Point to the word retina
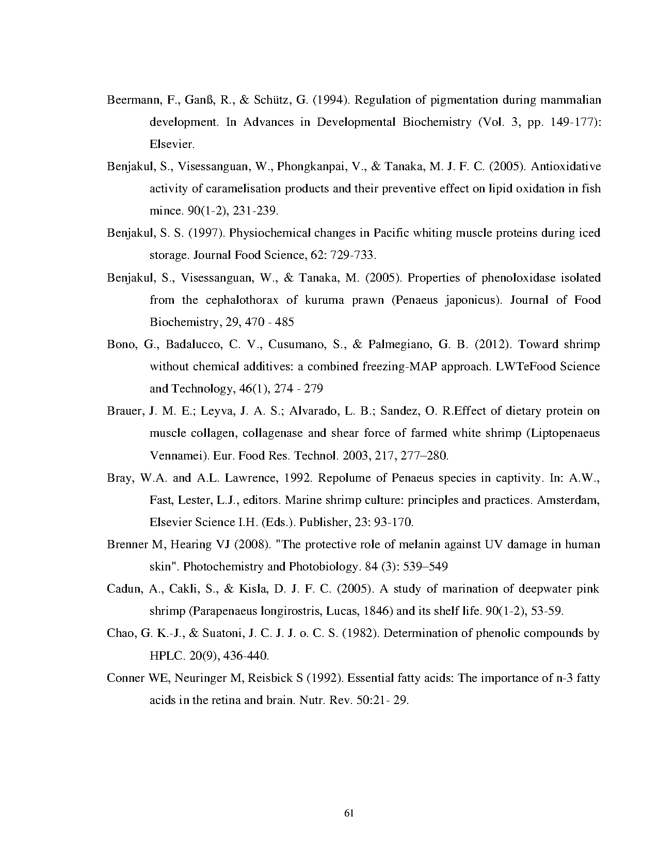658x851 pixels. point(226,700)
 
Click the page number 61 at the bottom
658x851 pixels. point(348,814)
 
